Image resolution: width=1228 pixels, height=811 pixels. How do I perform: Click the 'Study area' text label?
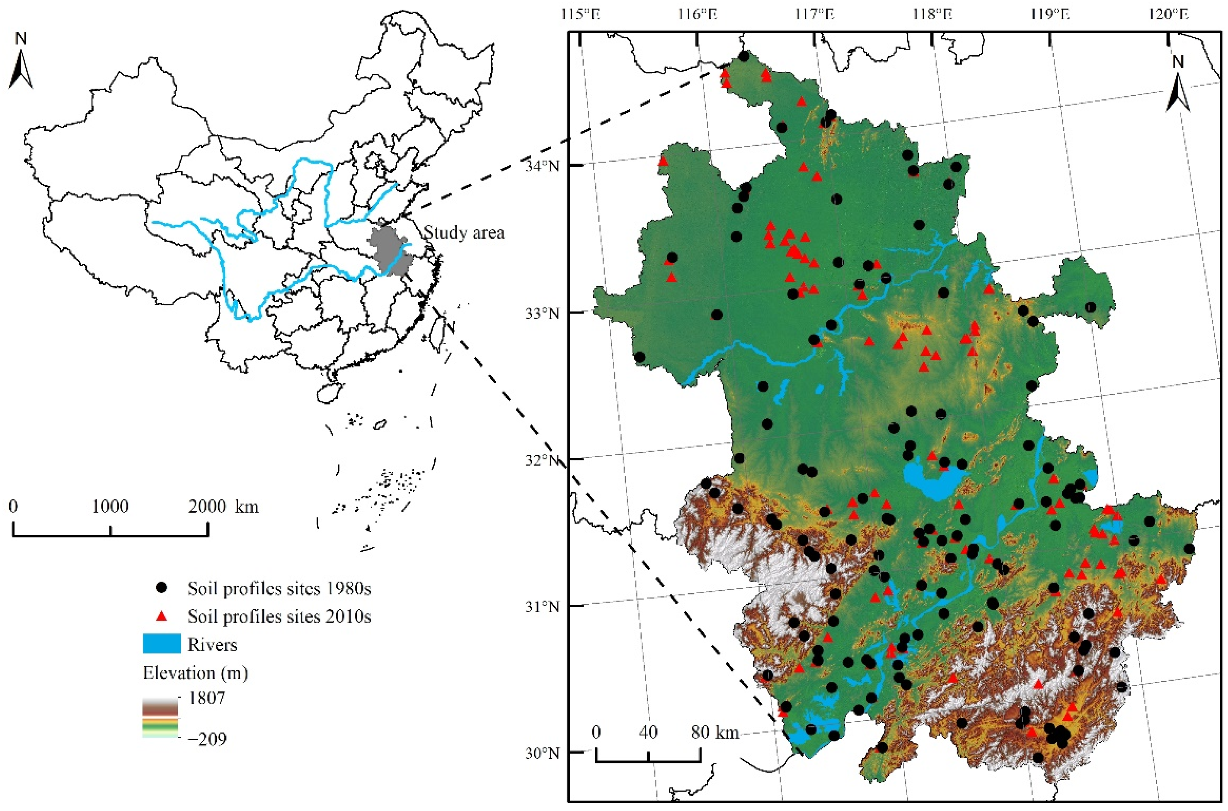[x=463, y=233]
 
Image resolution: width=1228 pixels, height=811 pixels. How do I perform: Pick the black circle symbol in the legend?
[x=162, y=588]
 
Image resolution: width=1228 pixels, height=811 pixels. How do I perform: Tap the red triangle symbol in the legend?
[x=162, y=616]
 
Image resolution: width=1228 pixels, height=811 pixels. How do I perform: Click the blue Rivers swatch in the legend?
[x=162, y=644]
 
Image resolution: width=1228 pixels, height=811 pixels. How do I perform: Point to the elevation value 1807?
[x=207, y=698]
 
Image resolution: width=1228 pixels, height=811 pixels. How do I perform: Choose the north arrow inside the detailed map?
[x=1178, y=85]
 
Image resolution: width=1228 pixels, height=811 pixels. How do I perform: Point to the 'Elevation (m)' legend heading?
[x=195, y=673]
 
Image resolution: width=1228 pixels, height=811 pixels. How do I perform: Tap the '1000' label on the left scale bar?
[x=110, y=506]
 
